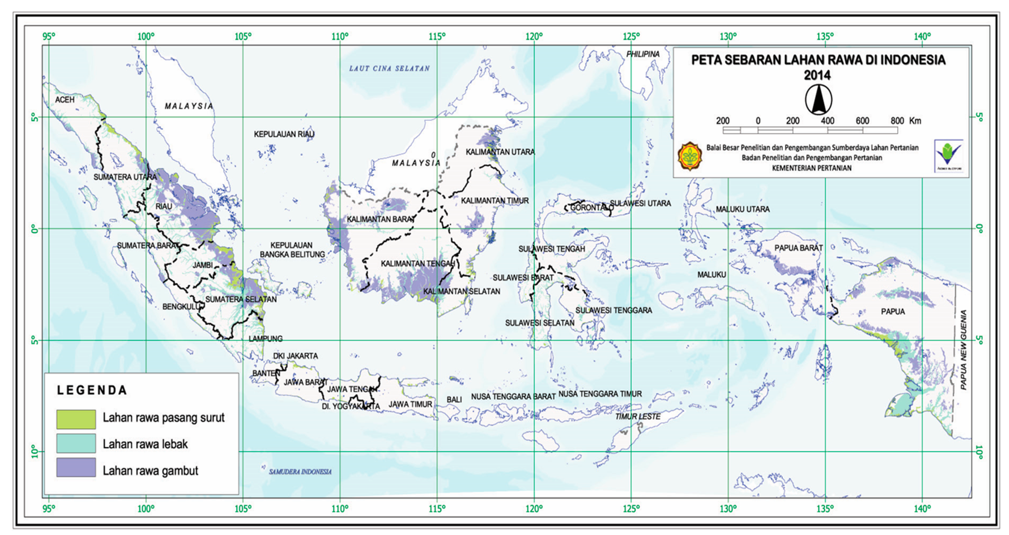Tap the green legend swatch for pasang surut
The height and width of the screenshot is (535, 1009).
point(76,419)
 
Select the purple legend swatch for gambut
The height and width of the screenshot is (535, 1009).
point(76,467)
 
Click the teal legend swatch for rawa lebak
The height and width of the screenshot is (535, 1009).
point(76,443)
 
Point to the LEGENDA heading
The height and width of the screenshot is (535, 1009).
point(92,390)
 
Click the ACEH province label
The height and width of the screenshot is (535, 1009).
point(65,100)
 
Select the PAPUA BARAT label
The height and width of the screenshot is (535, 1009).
point(798,248)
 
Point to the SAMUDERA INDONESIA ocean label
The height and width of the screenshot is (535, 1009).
point(300,472)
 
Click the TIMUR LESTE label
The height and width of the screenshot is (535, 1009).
point(638,416)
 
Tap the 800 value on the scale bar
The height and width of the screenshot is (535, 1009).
point(897,121)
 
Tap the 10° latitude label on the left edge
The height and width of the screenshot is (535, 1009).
point(35,451)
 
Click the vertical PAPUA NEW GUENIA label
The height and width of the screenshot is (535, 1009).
point(964,350)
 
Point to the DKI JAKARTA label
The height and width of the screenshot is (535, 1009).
point(295,356)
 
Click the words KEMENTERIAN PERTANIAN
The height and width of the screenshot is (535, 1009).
point(812,168)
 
